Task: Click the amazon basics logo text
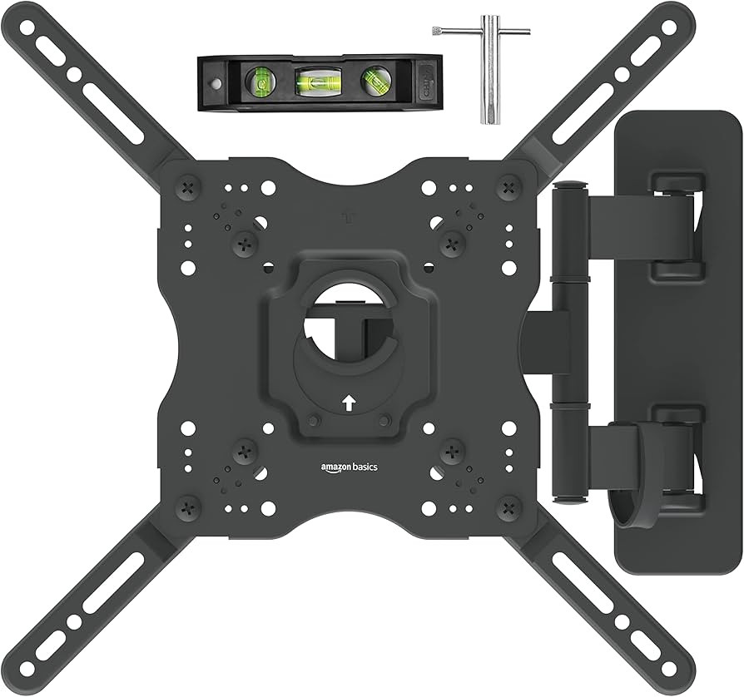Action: click(x=349, y=467)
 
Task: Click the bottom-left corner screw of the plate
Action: click(x=187, y=505)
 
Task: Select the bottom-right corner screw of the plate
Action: click(x=508, y=505)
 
